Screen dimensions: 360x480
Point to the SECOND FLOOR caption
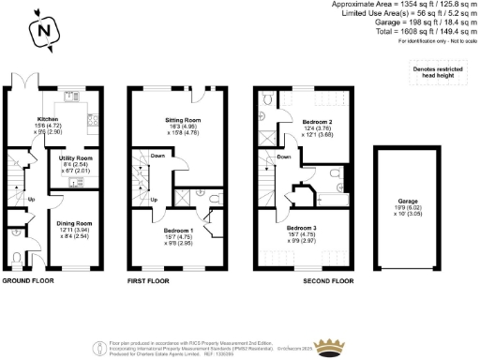coord(330,280)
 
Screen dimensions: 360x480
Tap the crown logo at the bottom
coord(328,348)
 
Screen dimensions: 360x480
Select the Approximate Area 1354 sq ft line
coord(412,5)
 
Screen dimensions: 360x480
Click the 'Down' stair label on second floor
coord(284,157)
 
